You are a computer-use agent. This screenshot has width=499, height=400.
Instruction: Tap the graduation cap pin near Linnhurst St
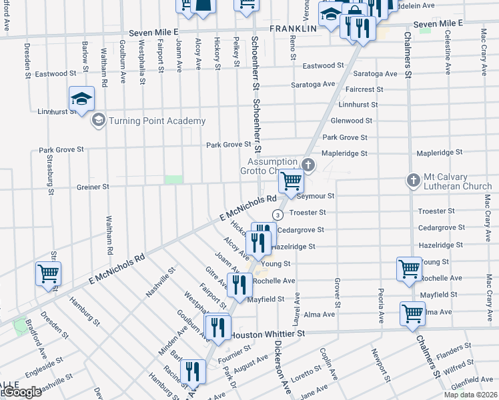pyautogui.click(x=82, y=100)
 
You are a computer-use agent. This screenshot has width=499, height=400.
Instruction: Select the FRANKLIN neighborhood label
pyautogui.click(x=293, y=29)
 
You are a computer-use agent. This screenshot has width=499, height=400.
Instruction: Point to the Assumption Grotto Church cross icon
pyautogui.click(x=307, y=164)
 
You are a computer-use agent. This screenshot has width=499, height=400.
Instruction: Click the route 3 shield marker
pyautogui.click(x=277, y=214)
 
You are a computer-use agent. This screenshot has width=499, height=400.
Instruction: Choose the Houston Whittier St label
pyautogui.click(x=267, y=332)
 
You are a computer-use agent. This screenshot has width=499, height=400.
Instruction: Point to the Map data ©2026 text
pyautogui.click(x=470, y=395)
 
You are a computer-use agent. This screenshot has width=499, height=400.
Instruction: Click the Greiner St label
pyautogui.click(x=93, y=187)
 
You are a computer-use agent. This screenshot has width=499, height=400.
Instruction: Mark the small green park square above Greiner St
pyautogui.click(x=173, y=179)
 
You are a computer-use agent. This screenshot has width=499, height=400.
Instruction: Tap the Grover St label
pyautogui.click(x=338, y=293)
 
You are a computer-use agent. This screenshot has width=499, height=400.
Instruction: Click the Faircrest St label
pyautogui.click(x=360, y=89)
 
